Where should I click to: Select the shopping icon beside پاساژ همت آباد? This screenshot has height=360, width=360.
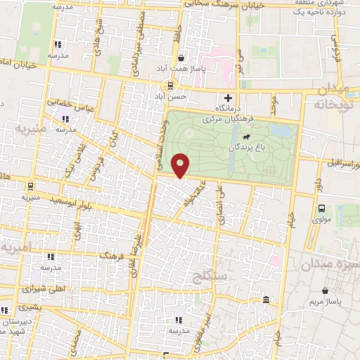coord(183,58)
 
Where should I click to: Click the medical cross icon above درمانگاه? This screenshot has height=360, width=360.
coord(226,98)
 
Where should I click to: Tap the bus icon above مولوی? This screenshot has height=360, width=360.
coord(321,208)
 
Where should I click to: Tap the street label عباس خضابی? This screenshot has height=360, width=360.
coord(70,103)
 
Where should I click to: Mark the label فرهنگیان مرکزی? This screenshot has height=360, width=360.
coord(207,120)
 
